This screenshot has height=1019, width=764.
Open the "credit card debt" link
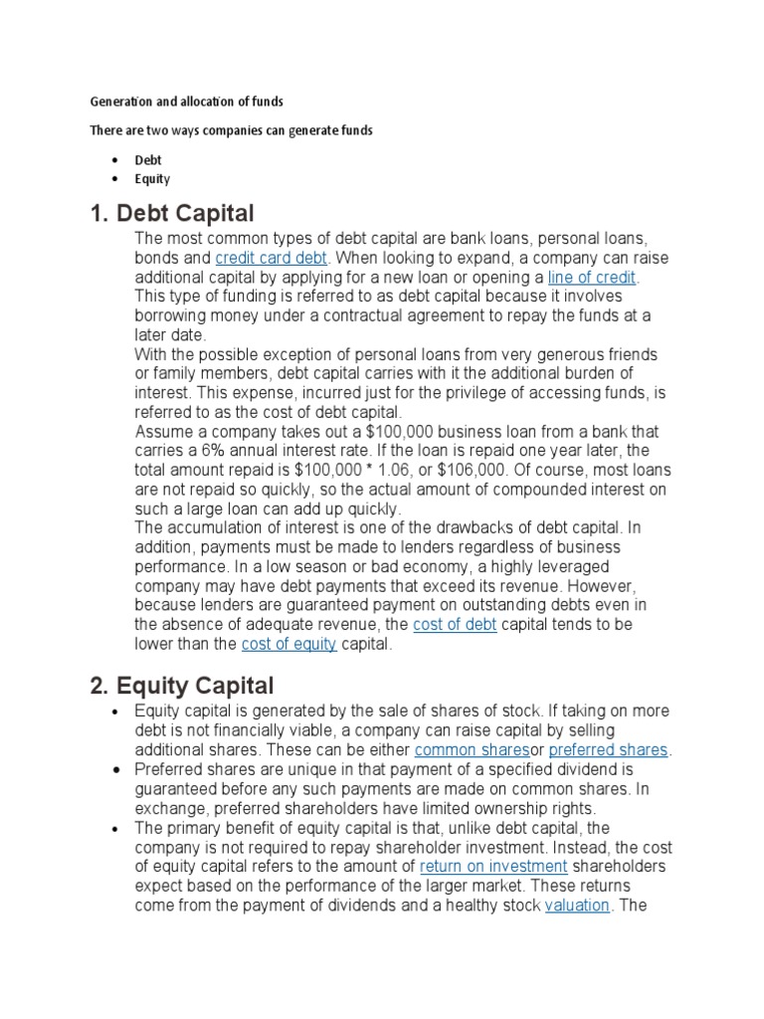(x=271, y=258)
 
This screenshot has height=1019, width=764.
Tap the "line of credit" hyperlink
(x=592, y=277)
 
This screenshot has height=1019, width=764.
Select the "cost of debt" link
(x=454, y=624)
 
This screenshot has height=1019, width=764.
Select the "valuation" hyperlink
(x=577, y=906)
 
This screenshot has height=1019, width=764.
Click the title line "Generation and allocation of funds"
(x=187, y=102)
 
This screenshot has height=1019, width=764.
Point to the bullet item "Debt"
(x=148, y=159)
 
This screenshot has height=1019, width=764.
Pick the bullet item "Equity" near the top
(x=152, y=179)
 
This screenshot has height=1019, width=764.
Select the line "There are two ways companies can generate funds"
(x=231, y=130)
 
